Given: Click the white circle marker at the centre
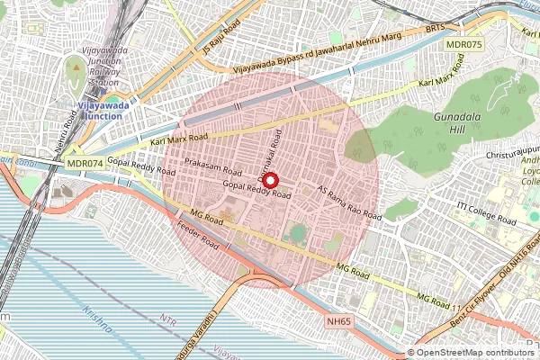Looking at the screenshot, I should point(271,180).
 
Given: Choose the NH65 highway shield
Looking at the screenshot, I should point(339,319).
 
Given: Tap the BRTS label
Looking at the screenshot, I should point(435,29).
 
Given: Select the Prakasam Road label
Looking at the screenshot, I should point(213,167).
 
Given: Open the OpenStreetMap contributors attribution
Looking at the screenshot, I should point(474,353).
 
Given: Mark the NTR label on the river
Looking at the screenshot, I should point(168,319).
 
